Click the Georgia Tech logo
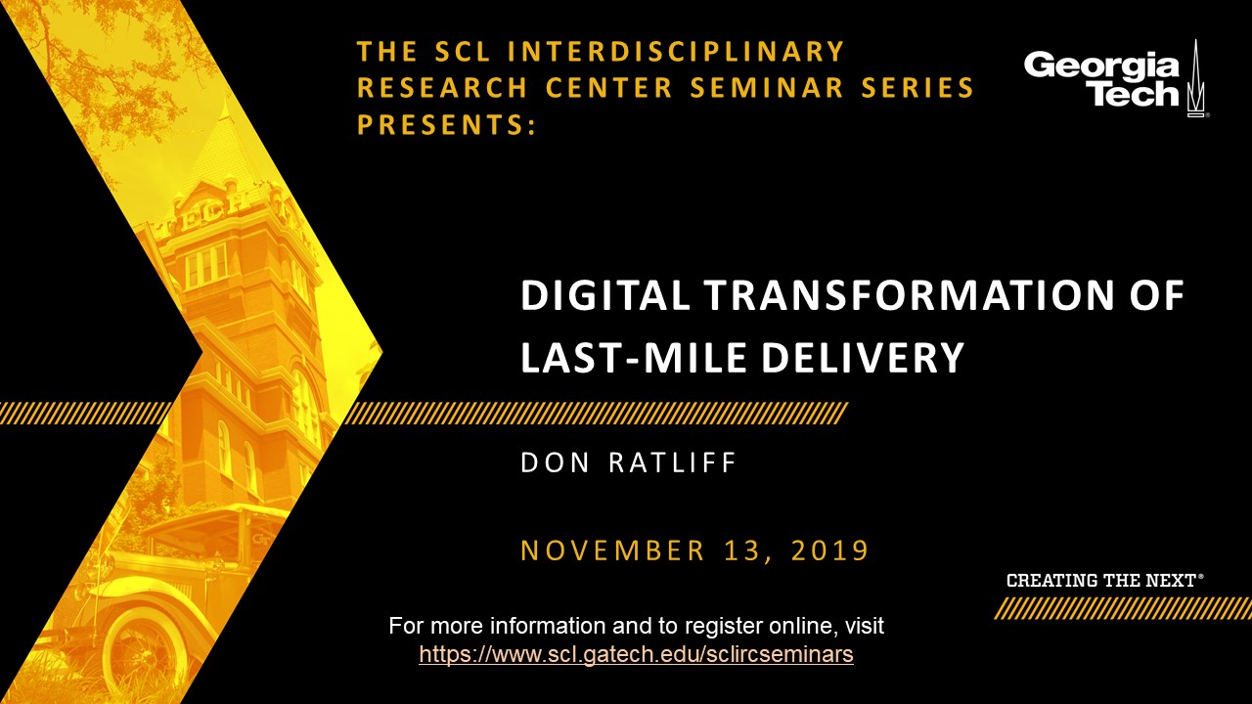[x=1116, y=79]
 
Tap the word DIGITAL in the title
[x=604, y=295]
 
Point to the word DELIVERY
[x=863, y=357]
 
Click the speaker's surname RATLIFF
[x=672, y=462]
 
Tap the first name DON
[x=555, y=462]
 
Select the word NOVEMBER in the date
[x=612, y=550]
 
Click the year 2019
[x=830, y=550]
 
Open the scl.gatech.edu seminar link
[x=636, y=654]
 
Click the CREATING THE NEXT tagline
[x=1105, y=581]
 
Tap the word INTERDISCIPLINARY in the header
[x=676, y=51]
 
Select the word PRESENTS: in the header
[x=446, y=124]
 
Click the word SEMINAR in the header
[x=767, y=88]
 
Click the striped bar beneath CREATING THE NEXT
[x=1122, y=608]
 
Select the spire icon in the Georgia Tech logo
[x=1195, y=78]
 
